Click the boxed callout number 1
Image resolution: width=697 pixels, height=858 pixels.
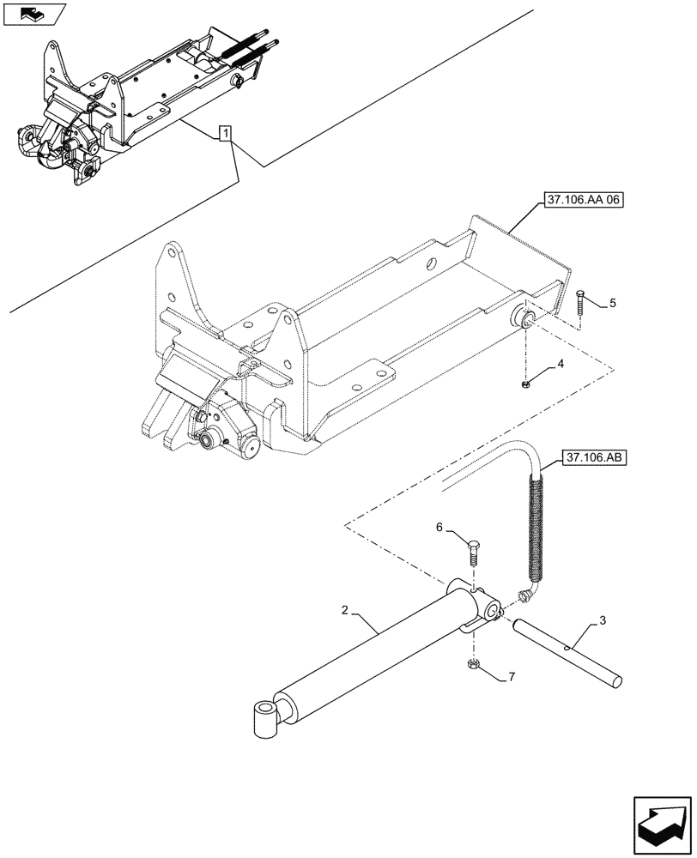(224, 133)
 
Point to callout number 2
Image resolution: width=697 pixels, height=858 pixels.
(344, 611)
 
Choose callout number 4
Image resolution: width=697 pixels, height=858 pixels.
(560, 365)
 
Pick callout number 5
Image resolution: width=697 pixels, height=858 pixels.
(613, 303)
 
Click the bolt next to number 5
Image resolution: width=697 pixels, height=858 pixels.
(581, 303)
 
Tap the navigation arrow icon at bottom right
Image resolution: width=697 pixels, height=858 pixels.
(660, 823)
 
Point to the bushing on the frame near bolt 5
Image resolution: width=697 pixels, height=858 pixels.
(524, 321)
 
